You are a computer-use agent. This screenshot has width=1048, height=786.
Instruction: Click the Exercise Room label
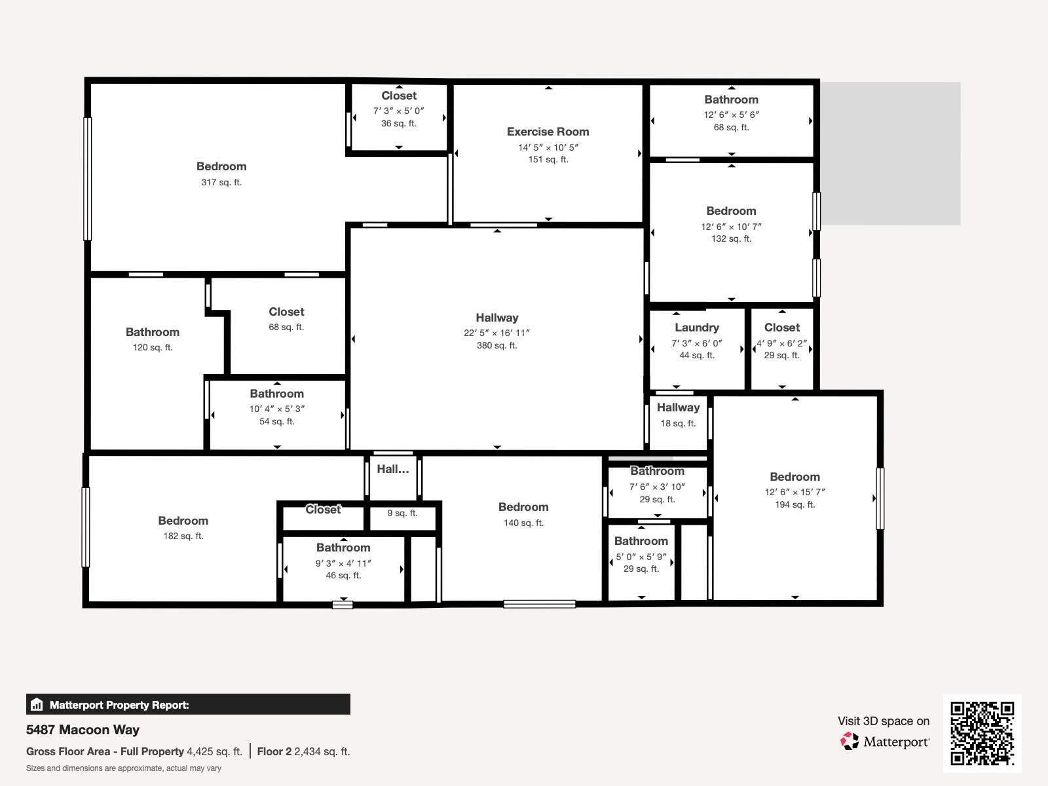point(548,132)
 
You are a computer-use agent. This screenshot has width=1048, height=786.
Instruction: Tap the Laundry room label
point(696,327)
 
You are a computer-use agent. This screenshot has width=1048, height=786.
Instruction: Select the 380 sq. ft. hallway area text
point(496,345)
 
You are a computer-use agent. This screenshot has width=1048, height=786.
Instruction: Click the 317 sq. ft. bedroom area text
point(221,182)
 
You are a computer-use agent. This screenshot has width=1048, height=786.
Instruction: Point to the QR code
point(982,733)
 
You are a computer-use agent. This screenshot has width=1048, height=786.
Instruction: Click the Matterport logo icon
point(850,741)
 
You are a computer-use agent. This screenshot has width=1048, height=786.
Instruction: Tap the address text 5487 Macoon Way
point(83,730)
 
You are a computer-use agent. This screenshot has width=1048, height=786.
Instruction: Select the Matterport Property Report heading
point(119,705)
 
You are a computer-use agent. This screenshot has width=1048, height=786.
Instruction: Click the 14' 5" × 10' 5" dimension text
point(548,147)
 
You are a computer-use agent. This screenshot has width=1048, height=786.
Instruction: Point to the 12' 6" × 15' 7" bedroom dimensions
point(795,492)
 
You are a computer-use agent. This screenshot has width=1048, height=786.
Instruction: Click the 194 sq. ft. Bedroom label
point(795,477)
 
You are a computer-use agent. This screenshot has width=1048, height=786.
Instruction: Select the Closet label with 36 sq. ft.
point(399,96)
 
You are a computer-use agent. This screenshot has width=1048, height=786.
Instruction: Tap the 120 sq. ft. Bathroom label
point(153,332)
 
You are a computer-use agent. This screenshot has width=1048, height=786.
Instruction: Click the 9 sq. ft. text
point(402,513)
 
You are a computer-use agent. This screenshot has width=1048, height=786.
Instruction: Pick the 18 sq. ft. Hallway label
point(678,407)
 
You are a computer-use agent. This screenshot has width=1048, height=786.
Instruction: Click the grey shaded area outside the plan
point(891,154)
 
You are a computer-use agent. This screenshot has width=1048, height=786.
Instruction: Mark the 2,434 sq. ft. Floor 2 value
point(322,751)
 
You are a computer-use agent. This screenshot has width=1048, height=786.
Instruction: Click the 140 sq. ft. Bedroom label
point(523,507)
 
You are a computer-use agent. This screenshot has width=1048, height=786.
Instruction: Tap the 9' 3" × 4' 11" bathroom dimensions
point(343,563)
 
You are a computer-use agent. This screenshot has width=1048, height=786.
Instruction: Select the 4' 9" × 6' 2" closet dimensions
point(781,343)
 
